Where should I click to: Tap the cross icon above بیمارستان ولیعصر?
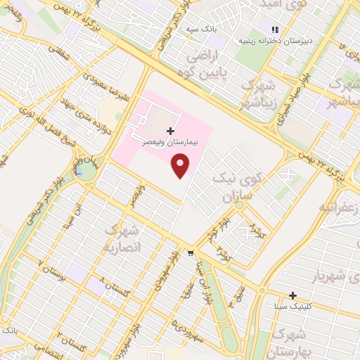click(170, 131)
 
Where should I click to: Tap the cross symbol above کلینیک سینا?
click(293, 296)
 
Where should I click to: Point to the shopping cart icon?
click(191, 253)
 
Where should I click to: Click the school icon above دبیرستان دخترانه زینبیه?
click(275, 29)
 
